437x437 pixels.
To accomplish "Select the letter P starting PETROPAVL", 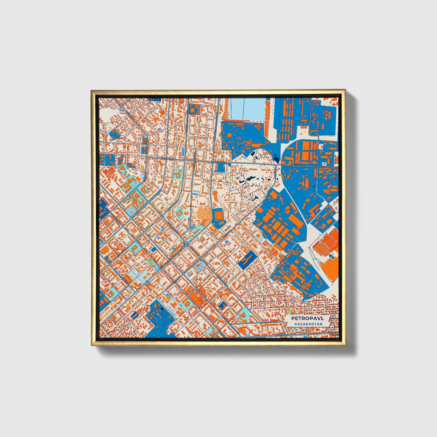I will click(293, 318).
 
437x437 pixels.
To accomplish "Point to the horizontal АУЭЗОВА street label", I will click(319, 166).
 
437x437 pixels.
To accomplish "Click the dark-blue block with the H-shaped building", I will click(247, 260).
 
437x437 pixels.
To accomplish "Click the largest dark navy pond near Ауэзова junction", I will click(276, 158).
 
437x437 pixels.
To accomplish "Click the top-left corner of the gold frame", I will click(91, 90).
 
